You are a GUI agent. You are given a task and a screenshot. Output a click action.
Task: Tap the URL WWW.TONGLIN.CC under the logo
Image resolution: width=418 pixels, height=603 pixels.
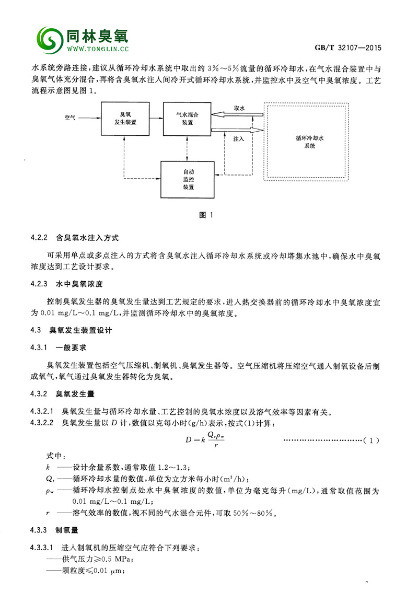tap(98, 49)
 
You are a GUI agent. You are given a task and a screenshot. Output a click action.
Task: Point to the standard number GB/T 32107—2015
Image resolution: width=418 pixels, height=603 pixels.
tap(348, 48)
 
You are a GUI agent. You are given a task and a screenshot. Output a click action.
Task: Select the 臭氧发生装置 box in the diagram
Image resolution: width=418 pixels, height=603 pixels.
tap(125, 119)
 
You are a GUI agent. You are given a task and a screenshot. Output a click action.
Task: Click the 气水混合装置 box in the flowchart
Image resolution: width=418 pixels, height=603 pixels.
tap(187, 119)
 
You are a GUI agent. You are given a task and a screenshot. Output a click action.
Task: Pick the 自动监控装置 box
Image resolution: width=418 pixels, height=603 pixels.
tap(188, 180)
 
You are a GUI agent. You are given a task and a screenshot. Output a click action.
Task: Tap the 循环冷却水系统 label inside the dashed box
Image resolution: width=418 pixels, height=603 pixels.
tap(309, 142)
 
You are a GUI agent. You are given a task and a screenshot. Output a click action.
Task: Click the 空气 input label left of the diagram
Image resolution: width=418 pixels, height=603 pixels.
tap(70, 118)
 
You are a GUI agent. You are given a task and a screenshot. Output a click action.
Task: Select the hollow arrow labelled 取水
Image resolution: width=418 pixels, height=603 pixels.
tap(237, 114)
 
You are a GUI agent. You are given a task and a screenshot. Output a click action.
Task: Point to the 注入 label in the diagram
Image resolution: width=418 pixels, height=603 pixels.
tap(238, 138)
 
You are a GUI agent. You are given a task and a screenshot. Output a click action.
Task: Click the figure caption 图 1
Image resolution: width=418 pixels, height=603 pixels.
tap(206, 215)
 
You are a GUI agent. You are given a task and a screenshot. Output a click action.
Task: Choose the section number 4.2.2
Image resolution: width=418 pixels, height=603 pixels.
tap(39, 238)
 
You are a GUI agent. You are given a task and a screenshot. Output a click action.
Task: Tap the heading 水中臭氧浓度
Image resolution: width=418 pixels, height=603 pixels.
tap(79, 284)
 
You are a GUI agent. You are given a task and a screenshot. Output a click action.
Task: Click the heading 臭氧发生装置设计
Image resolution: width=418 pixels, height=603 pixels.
tap(80, 330)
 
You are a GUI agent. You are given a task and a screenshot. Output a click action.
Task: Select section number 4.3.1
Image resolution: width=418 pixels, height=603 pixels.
tap(39, 347)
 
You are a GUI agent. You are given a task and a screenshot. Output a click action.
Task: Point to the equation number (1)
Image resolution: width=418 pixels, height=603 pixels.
tap(371, 440)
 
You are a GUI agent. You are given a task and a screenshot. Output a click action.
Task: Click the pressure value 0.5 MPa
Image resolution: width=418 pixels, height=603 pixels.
tap(117, 559)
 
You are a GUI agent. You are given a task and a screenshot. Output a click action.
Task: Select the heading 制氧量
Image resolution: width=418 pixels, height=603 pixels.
tap(67, 530)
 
